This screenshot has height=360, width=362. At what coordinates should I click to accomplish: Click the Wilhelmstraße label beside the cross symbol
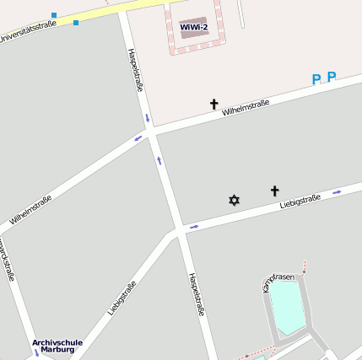(246, 108)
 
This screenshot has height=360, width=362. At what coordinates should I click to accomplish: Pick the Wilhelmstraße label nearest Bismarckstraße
(31, 210)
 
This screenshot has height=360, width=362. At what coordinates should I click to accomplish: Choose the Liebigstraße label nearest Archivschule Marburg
(122, 298)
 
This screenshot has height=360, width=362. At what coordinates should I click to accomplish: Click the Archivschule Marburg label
(57, 346)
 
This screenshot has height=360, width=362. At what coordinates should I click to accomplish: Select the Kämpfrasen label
(278, 277)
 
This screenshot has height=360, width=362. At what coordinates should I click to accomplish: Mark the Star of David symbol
(234, 200)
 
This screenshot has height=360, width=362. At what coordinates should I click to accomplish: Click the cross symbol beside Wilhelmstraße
(213, 105)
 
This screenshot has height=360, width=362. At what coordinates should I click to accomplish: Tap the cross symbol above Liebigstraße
(274, 191)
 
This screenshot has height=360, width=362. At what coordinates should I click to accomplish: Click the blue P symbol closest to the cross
(316, 80)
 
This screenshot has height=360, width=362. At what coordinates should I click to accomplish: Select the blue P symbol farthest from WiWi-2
(332, 77)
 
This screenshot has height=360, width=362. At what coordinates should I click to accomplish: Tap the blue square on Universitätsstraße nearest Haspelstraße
(75, 22)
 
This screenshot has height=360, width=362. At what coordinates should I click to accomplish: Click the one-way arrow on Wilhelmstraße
(138, 137)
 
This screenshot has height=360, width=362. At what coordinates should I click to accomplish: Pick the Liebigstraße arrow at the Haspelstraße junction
(193, 227)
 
